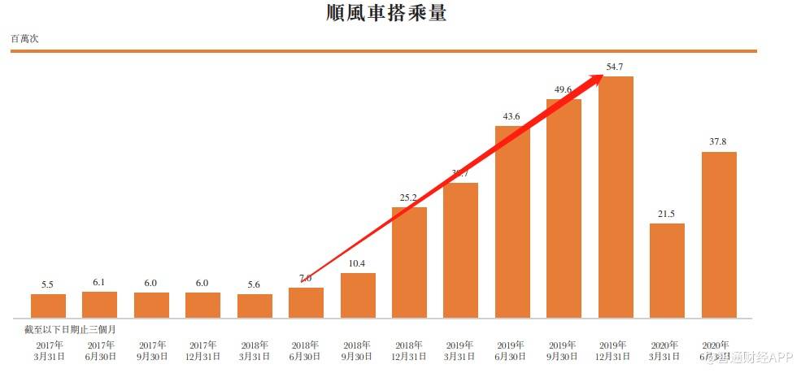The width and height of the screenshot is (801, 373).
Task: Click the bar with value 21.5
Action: (667, 270)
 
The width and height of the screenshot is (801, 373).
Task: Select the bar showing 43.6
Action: (512, 221)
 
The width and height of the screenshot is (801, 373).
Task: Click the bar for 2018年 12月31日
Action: (409, 262)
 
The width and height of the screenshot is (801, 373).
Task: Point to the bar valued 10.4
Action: (358, 295)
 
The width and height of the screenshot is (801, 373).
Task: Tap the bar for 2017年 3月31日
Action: (48, 306)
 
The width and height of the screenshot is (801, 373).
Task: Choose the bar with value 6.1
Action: (99, 304)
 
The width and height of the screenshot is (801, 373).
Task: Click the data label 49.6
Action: (564, 89)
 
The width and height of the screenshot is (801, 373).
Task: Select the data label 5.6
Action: (255, 284)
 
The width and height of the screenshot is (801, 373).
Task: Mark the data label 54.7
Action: (616, 67)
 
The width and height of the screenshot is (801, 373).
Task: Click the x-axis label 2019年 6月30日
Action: (512, 350)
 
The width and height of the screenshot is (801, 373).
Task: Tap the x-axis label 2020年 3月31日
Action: (667, 350)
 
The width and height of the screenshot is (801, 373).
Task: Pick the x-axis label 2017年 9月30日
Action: (151, 350)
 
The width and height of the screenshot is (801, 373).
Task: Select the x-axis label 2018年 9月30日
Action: (358, 350)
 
